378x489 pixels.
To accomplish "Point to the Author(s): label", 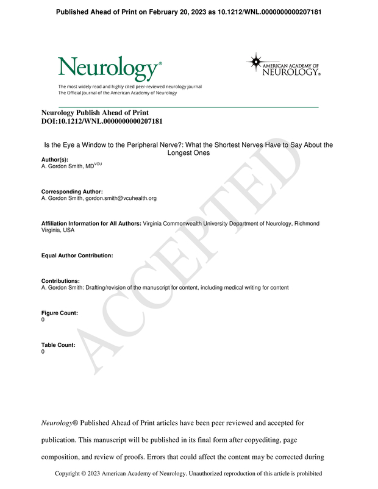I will pyautogui.click(x=55, y=159).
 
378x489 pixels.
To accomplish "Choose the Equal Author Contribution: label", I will pyautogui.click(x=77, y=255).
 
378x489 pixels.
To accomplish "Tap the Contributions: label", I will pyautogui.click(x=60, y=281).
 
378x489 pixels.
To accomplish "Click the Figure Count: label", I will pyautogui.click(x=59, y=313).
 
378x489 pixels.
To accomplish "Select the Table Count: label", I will pyautogui.click(x=59, y=345).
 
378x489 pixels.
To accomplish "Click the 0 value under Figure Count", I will pyautogui.click(x=43, y=319).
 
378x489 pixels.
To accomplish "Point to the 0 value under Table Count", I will pyautogui.click(x=43, y=352).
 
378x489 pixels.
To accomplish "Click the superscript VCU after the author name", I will pyautogui.click(x=98, y=164).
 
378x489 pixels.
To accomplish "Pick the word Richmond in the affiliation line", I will pyautogui.click(x=307, y=224).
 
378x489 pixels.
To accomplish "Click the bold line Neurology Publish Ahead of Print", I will pyautogui.click(x=94, y=113).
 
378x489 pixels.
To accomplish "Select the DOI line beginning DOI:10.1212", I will pyautogui.click(x=101, y=121).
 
